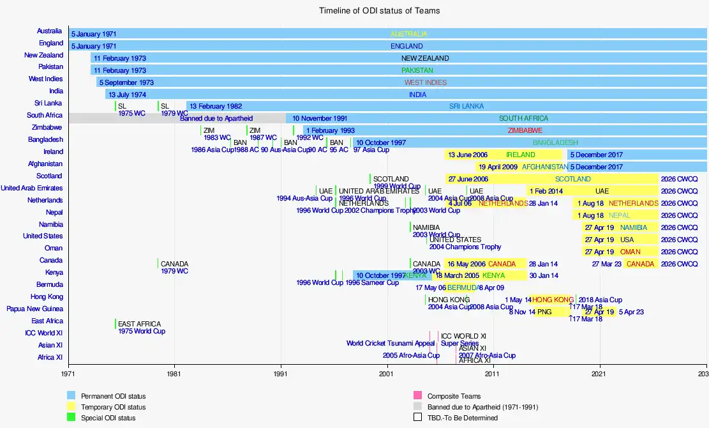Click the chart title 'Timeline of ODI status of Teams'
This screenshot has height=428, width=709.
tap(379, 11)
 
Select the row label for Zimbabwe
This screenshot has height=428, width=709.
tap(47, 127)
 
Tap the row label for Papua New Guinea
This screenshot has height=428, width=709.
tap(34, 309)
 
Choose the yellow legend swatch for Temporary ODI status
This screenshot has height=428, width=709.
tap(71, 406)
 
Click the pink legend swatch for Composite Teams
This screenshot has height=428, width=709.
tap(418, 395)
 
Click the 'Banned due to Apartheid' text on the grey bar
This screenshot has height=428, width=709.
tap(216, 118)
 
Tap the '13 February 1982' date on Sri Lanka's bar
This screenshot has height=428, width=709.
tap(216, 106)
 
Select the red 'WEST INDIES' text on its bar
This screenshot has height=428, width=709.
tap(426, 82)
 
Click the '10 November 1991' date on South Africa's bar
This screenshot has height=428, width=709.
tap(320, 118)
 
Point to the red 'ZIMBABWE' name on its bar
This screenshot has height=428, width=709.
tap(525, 130)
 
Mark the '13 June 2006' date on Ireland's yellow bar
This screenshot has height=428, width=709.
tap(468, 155)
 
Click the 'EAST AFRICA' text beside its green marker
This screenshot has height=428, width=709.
tap(139, 324)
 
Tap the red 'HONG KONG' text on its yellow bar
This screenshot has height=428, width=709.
tap(553, 300)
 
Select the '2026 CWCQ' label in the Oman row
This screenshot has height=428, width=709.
tap(679, 252)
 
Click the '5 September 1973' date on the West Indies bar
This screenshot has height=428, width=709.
tap(126, 82)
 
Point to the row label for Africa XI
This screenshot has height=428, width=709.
tap(50, 357)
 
